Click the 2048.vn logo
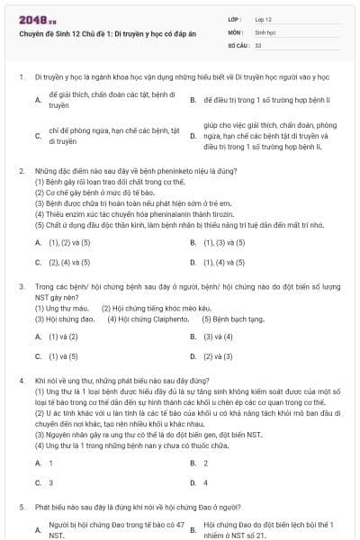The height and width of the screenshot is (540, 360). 32,18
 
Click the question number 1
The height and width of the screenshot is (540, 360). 21,77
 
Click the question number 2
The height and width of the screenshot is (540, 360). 21,170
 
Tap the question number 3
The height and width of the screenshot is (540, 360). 21,286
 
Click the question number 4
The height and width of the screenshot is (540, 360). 21,382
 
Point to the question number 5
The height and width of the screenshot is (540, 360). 21,508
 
